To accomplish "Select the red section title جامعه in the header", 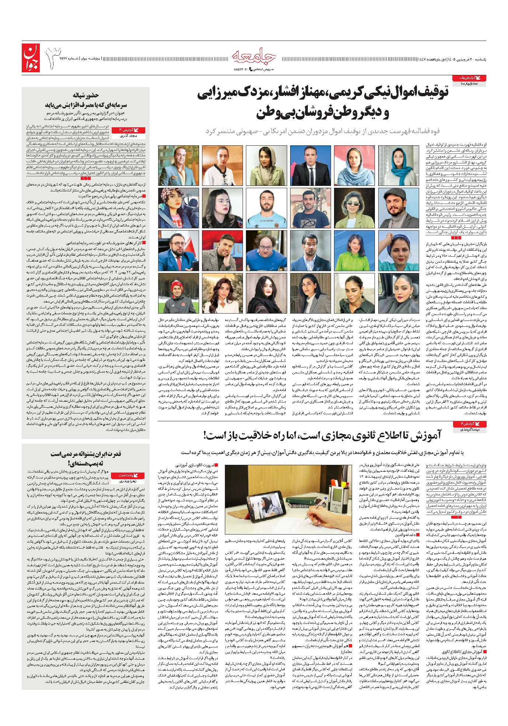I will pos(254,56).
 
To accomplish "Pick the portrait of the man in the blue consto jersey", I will pos(266,208).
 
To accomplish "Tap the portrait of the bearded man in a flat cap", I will pos(398,208).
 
